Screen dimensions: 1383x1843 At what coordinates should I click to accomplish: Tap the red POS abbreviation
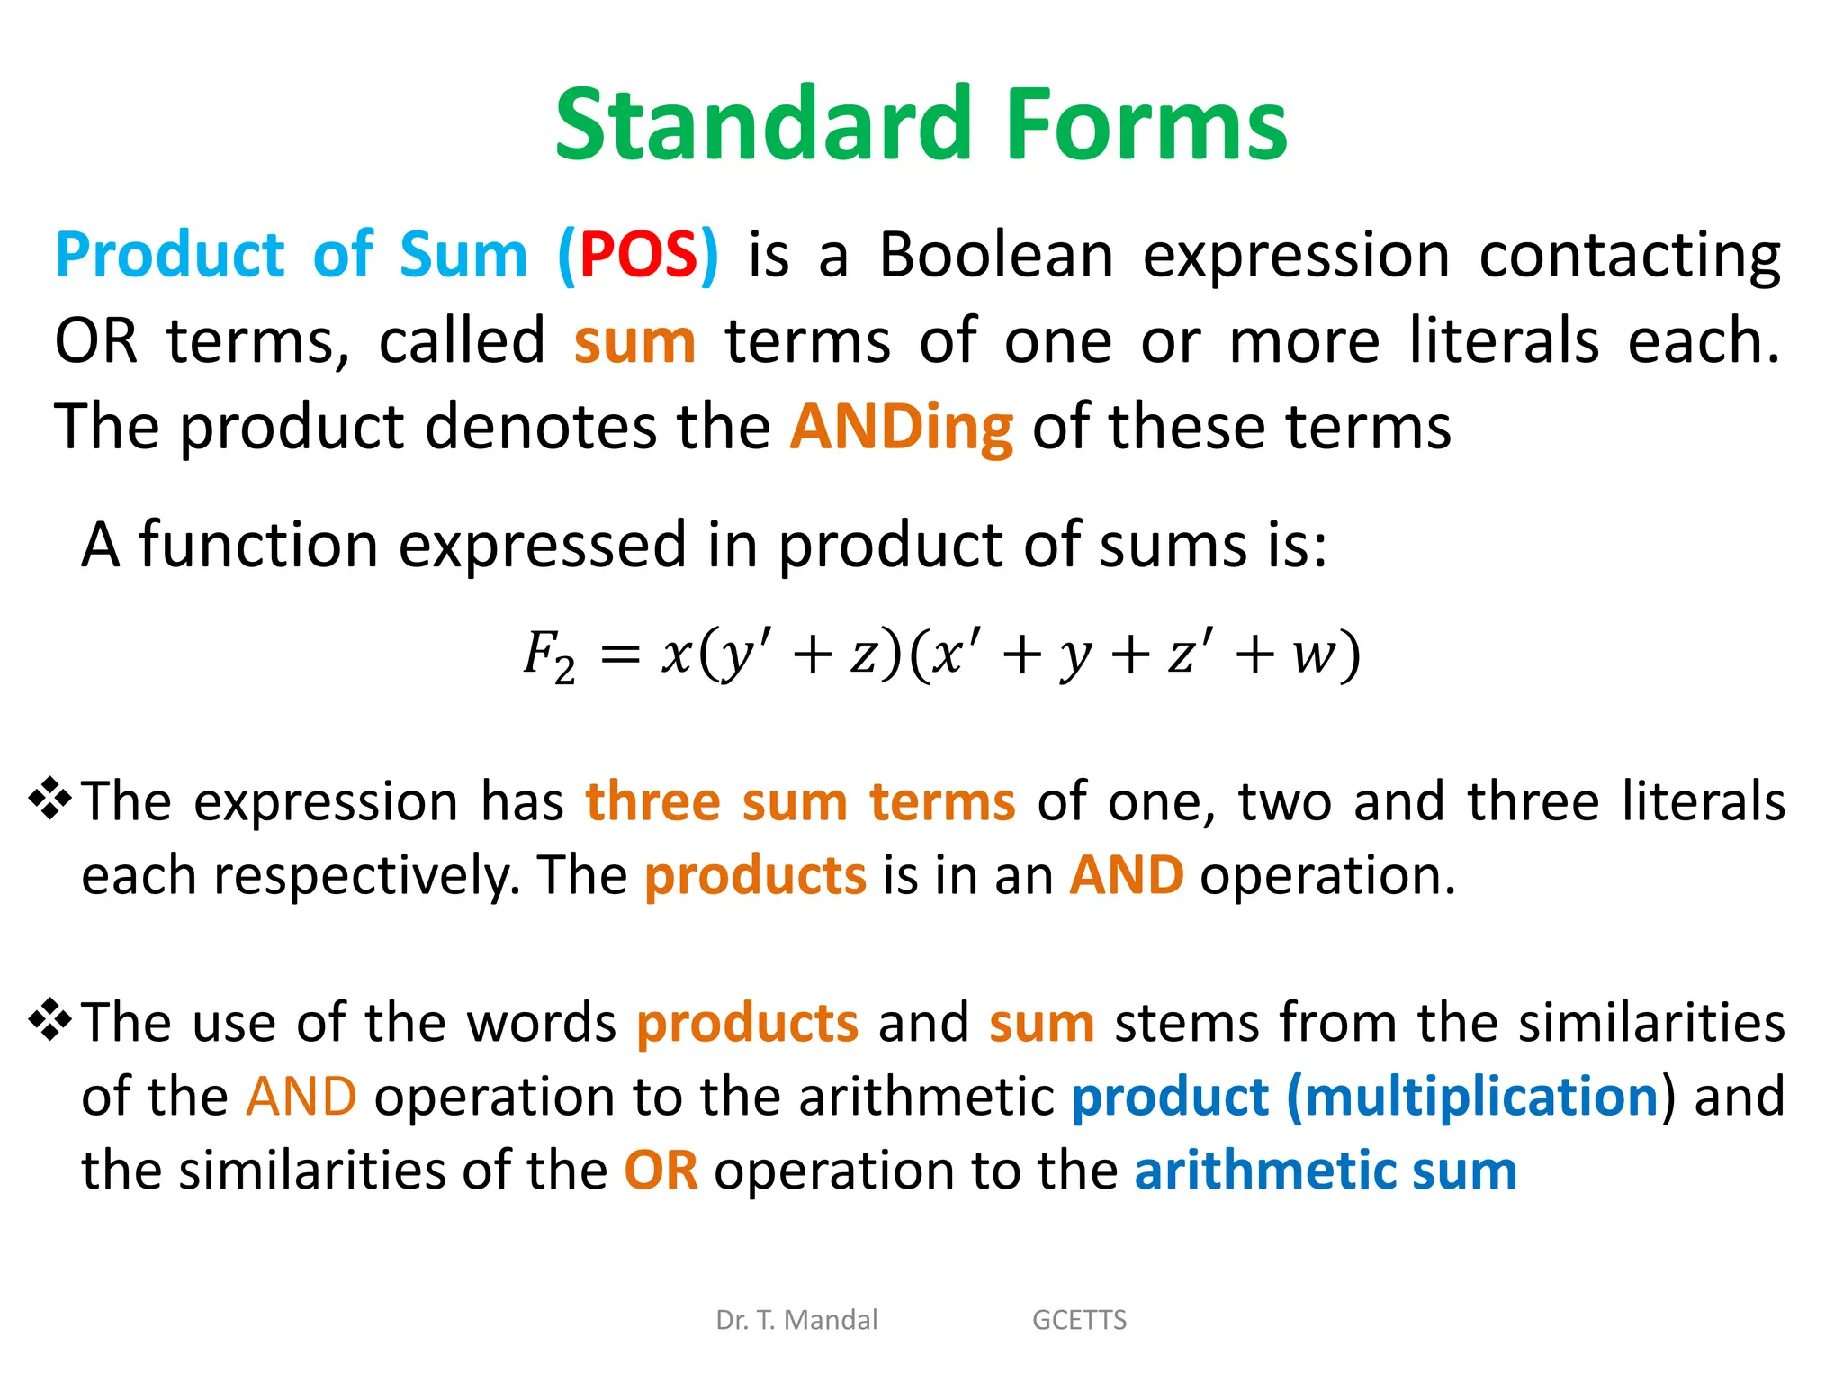tap(638, 255)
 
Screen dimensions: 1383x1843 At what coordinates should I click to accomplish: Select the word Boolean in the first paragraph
tap(996, 255)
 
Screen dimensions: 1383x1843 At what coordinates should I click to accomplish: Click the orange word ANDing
tap(902, 427)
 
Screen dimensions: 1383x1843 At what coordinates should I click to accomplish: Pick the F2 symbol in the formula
tap(548, 656)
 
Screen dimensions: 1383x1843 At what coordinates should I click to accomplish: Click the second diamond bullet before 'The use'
tap(50, 1020)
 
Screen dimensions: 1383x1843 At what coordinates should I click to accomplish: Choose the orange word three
tap(653, 801)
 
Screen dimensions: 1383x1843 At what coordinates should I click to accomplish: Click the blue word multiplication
tap(1481, 1098)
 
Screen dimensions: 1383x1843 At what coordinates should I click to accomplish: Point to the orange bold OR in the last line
tap(661, 1171)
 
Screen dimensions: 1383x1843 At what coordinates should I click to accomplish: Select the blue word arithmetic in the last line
tap(1263, 1171)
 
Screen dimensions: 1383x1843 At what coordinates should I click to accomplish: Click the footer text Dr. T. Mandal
tap(796, 1320)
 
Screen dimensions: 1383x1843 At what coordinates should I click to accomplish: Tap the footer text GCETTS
tap(1079, 1320)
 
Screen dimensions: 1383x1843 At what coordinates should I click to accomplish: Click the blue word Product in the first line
tap(170, 255)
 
